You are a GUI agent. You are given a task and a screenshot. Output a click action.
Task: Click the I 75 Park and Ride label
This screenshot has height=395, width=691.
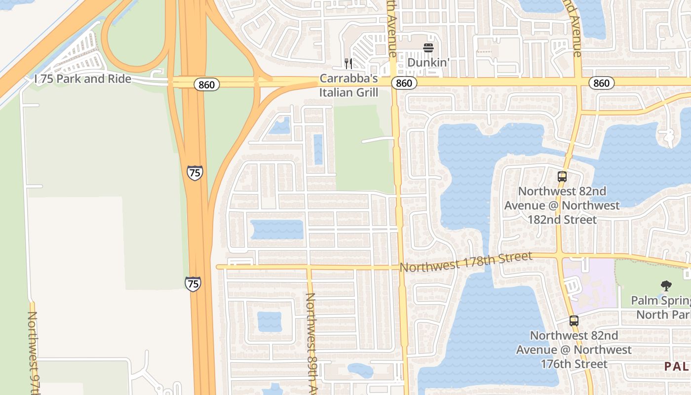click(x=83, y=79)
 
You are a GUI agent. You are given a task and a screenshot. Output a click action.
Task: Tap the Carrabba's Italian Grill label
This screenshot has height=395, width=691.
click(x=348, y=85)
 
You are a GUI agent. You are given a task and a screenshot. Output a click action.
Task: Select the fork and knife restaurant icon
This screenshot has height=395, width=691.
click(x=348, y=64)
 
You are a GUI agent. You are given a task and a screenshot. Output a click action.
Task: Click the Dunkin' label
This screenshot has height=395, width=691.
click(x=428, y=63)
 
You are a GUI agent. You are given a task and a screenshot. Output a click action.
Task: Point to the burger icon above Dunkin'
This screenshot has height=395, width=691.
click(x=428, y=48)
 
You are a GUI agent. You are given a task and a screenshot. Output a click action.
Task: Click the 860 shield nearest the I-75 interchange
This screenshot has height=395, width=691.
click(x=206, y=85)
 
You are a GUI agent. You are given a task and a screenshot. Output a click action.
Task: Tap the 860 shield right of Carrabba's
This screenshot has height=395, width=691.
click(x=404, y=83)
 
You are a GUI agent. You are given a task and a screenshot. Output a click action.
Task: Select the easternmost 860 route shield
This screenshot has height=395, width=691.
click(x=601, y=83)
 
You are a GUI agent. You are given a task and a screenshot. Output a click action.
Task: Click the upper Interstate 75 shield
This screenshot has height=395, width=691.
click(x=195, y=172)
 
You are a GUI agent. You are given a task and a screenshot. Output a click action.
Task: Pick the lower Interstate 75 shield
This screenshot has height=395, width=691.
click(x=193, y=283)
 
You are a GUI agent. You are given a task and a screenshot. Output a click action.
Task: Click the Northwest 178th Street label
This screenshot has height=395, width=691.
click(x=466, y=262)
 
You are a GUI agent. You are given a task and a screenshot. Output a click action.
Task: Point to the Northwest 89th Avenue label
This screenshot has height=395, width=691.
click(x=311, y=343)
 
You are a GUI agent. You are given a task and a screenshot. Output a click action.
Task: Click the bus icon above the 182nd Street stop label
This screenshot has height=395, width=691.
click(x=562, y=176)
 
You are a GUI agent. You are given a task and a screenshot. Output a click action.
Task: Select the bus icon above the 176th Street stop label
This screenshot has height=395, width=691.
click(x=574, y=320)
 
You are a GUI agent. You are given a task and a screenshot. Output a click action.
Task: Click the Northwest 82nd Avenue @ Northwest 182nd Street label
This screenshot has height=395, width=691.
click(x=562, y=205)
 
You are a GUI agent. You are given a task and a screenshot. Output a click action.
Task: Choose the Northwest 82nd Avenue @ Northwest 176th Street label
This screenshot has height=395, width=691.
click(x=574, y=350)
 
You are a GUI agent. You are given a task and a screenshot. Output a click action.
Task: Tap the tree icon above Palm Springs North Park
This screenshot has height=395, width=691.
click(x=666, y=285)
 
